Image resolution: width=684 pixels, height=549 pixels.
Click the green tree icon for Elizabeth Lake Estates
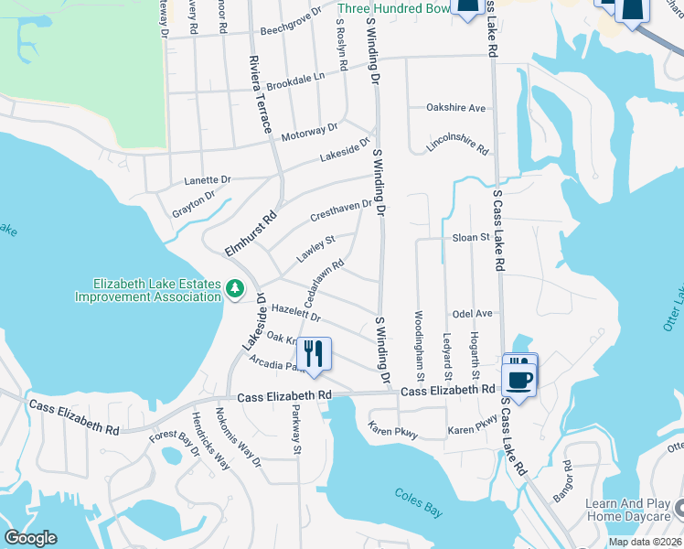(x=235, y=289)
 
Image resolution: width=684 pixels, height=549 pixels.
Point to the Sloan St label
(x=472, y=237)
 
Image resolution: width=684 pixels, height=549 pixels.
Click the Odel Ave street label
(x=472, y=313)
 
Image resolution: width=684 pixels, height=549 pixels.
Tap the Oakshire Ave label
(x=456, y=107)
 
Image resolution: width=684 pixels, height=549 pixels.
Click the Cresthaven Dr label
(x=340, y=212)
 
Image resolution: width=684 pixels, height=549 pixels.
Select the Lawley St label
(x=315, y=250)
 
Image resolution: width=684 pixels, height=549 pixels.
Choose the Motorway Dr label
(x=309, y=133)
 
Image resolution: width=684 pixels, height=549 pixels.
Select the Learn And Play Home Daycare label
(x=627, y=510)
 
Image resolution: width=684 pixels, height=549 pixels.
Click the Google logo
(x=30, y=538)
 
